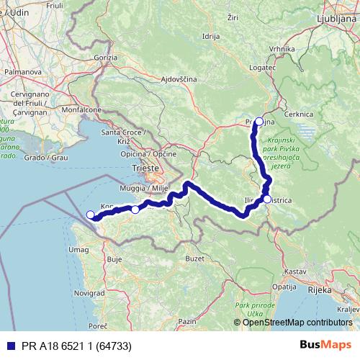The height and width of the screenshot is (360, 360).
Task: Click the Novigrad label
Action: [x=89, y=293]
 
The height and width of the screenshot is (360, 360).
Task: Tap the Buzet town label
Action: [x=194, y=257]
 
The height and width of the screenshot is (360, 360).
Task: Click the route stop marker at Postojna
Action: [x=259, y=122]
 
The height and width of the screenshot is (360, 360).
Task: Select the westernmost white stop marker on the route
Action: [x=91, y=215]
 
